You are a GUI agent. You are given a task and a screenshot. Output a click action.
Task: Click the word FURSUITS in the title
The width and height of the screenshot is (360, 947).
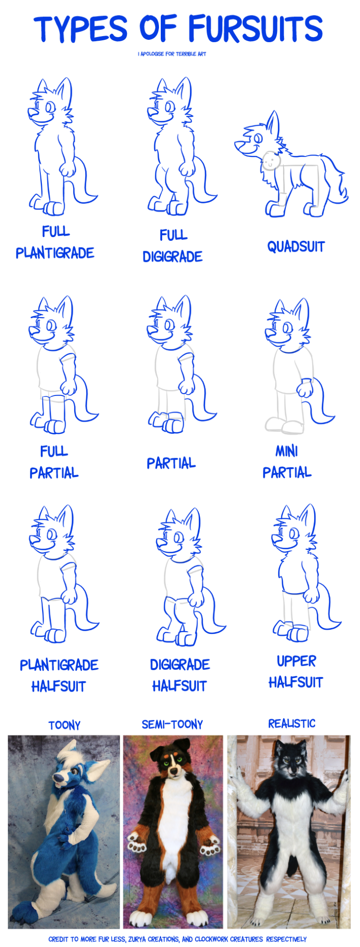pos(256,28)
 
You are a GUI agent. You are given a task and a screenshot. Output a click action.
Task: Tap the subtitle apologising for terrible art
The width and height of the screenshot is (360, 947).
pos(172,54)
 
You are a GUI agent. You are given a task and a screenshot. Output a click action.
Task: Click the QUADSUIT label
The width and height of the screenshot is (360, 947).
pos(296,246)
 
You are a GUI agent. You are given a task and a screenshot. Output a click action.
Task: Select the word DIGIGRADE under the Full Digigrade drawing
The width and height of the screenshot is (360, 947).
pos(172,256)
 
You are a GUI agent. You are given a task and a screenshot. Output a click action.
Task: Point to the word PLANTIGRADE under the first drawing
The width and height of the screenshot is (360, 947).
pos(55,253)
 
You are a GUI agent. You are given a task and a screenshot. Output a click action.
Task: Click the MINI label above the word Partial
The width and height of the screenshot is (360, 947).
pos(286,451)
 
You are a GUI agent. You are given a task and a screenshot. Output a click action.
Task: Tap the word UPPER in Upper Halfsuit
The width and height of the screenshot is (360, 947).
pos(296,661)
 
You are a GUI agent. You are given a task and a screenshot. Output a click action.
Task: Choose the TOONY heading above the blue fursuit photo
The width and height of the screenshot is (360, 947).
pos(64,725)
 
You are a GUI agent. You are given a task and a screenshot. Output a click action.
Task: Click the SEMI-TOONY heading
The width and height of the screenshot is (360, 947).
pos(172,724)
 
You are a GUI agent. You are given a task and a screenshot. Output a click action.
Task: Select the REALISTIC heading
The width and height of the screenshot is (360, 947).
pos(292,723)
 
